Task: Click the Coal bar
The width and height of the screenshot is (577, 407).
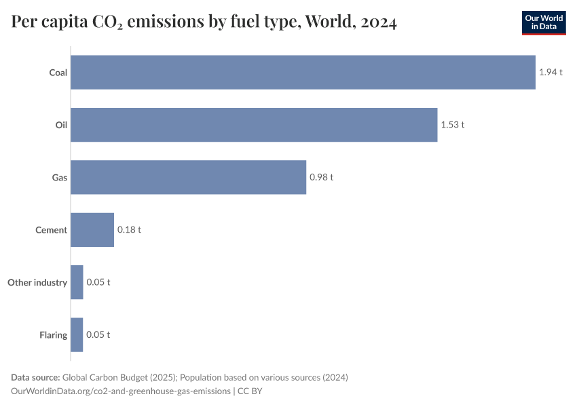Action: click(303, 72)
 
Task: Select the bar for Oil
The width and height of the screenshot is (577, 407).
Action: click(254, 125)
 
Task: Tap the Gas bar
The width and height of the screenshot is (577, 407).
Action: click(188, 177)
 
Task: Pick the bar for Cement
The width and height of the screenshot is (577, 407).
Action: click(92, 230)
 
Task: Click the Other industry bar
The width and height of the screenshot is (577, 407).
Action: click(77, 282)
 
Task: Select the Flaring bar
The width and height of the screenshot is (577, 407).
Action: click(77, 334)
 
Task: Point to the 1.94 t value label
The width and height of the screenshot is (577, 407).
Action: click(551, 72)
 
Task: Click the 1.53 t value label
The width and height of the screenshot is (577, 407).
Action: click(453, 125)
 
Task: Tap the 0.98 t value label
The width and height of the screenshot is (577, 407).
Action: click(322, 177)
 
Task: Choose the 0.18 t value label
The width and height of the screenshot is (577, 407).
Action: click(129, 230)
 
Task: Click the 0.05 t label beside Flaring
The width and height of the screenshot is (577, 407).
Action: click(98, 334)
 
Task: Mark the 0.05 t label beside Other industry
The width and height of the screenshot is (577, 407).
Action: click(98, 282)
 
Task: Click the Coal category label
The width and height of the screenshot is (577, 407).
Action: click(58, 73)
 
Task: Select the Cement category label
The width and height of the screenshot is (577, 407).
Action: click(51, 230)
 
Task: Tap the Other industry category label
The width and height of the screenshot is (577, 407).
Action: click(37, 282)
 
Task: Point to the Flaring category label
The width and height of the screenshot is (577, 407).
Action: click(53, 334)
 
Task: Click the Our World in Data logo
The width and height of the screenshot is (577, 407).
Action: click(543, 22)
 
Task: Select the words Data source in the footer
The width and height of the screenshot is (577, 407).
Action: click(35, 377)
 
